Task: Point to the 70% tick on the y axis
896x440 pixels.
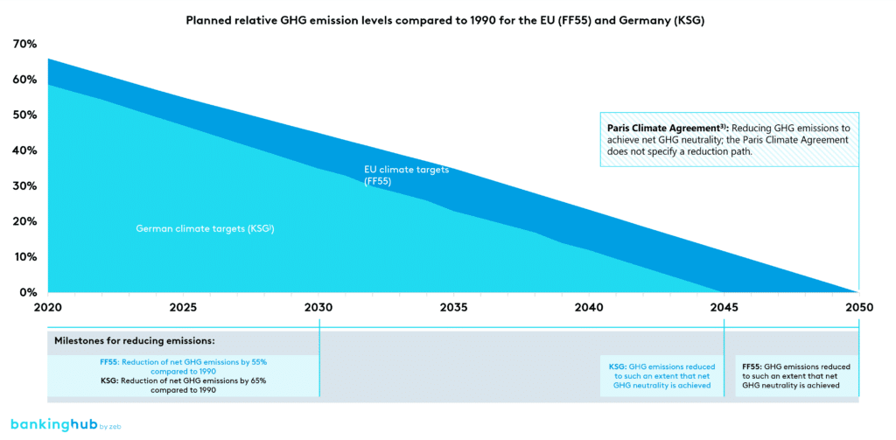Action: pyautogui.click(x=24, y=44)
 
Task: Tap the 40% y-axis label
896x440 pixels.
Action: pyautogui.click(x=24, y=150)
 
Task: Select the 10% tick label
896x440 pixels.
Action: pyautogui.click(x=24, y=257)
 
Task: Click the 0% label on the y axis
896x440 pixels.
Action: pyautogui.click(x=26, y=292)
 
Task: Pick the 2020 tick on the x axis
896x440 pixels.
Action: pyautogui.click(x=48, y=308)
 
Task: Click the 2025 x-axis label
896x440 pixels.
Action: pyautogui.click(x=183, y=308)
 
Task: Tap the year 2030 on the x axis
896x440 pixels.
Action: pyautogui.click(x=318, y=308)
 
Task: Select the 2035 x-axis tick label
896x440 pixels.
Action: pyautogui.click(x=453, y=308)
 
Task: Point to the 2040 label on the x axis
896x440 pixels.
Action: pyautogui.click(x=588, y=308)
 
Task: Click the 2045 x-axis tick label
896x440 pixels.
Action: pyautogui.click(x=724, y=308)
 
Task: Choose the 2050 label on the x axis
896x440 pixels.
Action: pyautogui.click(x=858, y=308)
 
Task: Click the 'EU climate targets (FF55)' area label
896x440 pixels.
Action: pyautogui.click(x=406, y=175)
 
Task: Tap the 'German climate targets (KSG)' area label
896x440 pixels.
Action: pyautogui.click(x=206, y=228)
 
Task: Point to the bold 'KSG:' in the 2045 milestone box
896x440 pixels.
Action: pyautogui.click(x=618, y=367)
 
